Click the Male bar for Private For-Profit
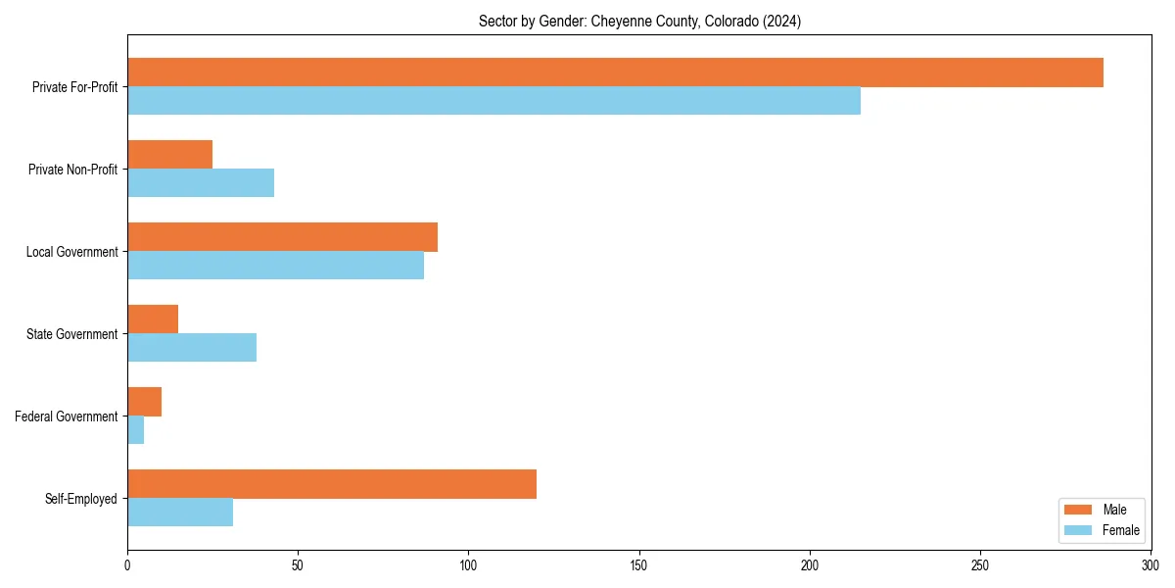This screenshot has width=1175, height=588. coord(615,73)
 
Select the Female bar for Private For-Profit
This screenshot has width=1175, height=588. coord(493,101)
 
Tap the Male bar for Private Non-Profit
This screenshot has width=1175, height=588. coord(169,155)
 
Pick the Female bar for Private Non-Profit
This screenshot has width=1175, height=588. coord(201,183)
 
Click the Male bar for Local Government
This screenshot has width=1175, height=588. coord(282,237)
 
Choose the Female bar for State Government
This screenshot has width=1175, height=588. coord(192,348)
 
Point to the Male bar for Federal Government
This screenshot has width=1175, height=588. coord(144,402)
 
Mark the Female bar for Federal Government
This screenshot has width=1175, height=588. coord(136,430)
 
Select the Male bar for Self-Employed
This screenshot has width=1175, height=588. coord(332,484)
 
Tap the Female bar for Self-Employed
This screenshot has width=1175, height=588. coord(180,513)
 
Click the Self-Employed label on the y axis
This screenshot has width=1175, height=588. coord(81,499)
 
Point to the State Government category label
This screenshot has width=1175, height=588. coord(72,334)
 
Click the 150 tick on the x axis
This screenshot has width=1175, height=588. coord(638,565)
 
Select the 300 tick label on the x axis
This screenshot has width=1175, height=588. coord(1151,565)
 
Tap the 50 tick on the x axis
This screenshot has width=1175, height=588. coord(298,565)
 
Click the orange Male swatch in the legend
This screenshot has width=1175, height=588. coord(1077,510)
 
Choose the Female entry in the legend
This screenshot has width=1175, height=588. coord(1120,530)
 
